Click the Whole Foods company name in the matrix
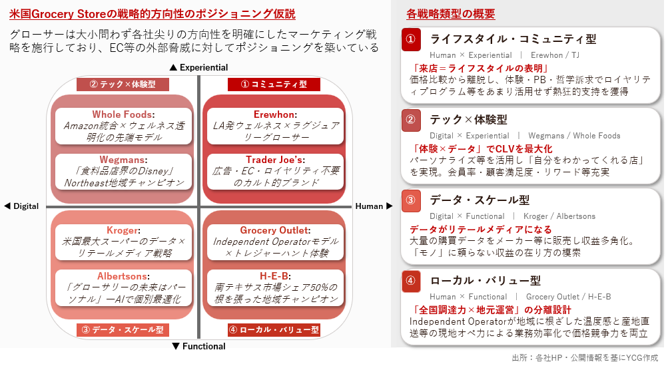point(122,114)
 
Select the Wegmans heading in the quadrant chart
point(122,160)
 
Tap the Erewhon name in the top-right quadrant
point(274,114)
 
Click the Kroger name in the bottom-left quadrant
point(123,230)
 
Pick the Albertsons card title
point(122,276)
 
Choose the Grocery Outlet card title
point(274,230)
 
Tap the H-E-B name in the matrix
point(274,276)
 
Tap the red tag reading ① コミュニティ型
point(274,85)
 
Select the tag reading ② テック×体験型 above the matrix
point(123,85)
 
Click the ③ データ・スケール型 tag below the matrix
point(123,330)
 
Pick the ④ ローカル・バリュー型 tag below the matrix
point(274,330)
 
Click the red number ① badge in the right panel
point(411,39)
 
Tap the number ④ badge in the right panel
point(411,281)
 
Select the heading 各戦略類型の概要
point(450,14)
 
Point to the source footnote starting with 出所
point(585,357)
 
